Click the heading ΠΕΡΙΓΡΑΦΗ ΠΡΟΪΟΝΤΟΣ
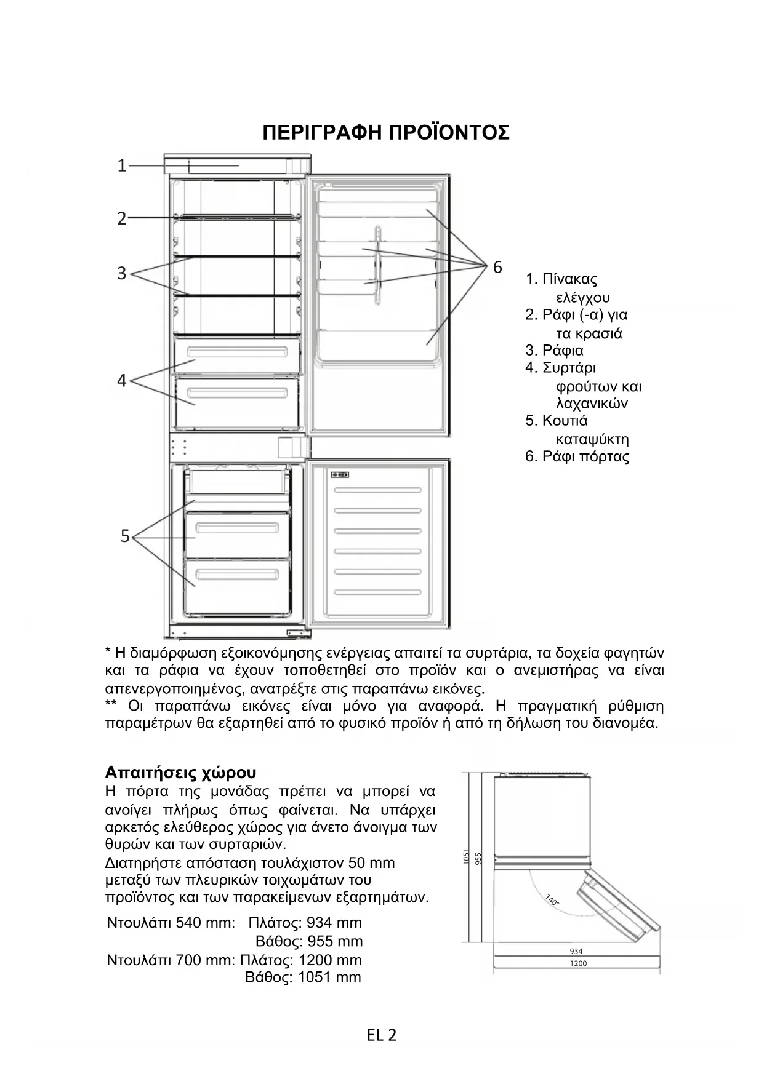click(386, 132)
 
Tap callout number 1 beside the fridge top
click(122, 165)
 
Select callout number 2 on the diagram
click(122, 218)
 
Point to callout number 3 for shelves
click(122, 273)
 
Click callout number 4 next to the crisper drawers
click(122, 381)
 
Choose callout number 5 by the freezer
click(125, 536)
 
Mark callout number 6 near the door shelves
click(497, 268)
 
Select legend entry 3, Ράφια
click(555, 351)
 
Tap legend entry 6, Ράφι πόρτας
click(577, 456)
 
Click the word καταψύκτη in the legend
click(592, 439)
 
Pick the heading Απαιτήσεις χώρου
click(180, 773)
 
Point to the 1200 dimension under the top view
click(578, 963)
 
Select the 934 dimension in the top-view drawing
click(576, 951)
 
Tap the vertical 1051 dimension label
click(466, 856)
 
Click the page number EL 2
click(382, 1035)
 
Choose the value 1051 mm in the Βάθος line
click(329, 977)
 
